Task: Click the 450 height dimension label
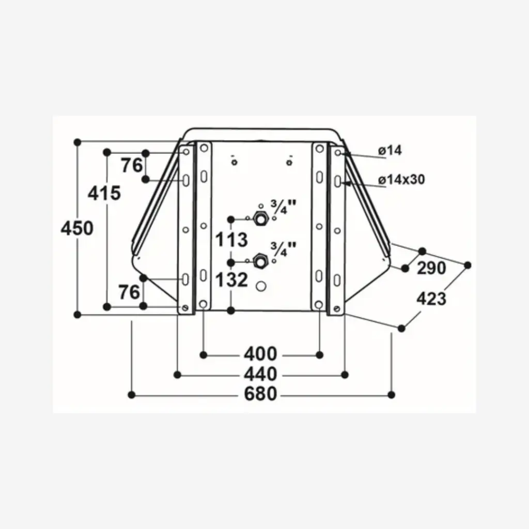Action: click(x=77, y=228)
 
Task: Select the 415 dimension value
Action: click(x=104, y=193)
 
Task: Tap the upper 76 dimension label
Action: click(x=131, y=166)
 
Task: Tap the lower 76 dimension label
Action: click(x=129, y=292)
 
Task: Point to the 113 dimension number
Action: click(x=232, y=240)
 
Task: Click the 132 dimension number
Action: click(x=231, y=280)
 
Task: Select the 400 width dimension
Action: click(x=260, y=354)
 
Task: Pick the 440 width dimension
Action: click(x=260, y=374)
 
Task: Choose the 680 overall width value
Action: click(x=260, y=395)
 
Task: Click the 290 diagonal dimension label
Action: click(x=431, y=268)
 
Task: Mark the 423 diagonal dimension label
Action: click(x=430, y=298)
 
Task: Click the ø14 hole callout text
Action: click(x=390, y=151)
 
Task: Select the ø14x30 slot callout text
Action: click(x=401, y=180)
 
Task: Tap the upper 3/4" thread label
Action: click(x=283, y=207)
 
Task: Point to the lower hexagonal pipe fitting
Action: click(x=260, y=261)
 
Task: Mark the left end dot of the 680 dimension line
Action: click(x=132, y=395)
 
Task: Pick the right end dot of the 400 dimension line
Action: click(x=320, y=354)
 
